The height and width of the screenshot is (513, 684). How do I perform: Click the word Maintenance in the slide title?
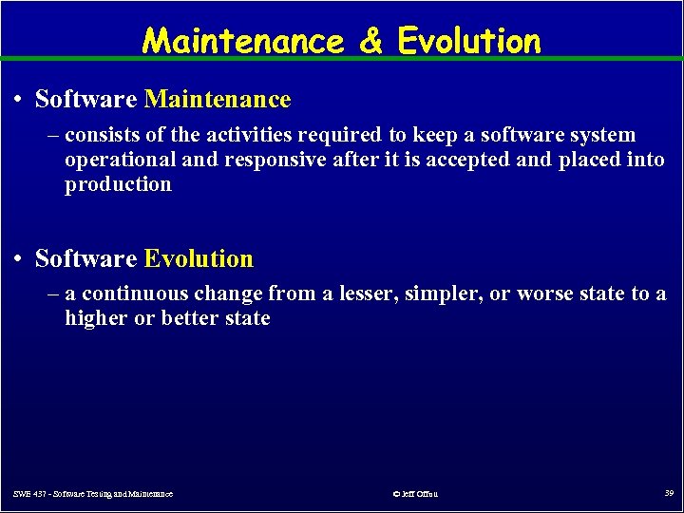243,41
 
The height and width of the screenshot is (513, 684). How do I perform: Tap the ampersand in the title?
371,41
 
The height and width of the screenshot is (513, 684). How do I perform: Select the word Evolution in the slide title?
469,41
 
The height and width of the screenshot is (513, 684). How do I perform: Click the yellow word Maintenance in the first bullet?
218,99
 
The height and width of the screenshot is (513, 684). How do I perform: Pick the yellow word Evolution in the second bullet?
199,258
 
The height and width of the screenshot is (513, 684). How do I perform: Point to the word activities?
249,135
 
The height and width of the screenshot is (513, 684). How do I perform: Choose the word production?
118,184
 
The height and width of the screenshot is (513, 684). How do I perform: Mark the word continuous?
134,294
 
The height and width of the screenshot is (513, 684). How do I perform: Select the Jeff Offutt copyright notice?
414,494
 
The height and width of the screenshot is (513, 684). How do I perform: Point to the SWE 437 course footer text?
93,494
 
